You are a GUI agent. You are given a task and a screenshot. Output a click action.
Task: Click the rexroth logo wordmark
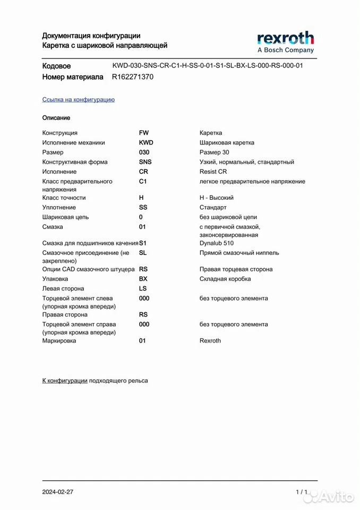tap(285, 38)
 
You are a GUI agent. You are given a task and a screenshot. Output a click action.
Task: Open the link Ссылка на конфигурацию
tap(78, 99)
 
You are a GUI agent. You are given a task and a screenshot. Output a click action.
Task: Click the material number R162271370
tap(133, 76)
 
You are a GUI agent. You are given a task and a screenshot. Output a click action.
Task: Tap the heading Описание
tap(56, 117)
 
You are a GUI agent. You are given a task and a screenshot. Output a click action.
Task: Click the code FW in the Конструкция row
tap(144, 133)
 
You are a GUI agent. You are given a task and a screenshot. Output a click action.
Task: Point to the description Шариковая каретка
tap(227, 142)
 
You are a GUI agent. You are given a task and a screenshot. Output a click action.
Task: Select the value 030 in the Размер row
tap(144, 152)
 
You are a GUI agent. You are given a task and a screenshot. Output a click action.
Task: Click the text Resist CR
tap(213, 172)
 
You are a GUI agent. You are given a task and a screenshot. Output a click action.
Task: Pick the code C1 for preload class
tap(143, 181)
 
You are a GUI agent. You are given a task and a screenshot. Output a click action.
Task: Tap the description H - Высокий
tap(217, 198)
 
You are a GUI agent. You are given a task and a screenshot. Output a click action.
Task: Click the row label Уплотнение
tap(59, 207)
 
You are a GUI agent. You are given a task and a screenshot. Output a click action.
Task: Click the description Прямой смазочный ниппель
tap(239, 253)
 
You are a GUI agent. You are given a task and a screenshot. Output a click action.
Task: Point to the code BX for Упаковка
tap(143, 278)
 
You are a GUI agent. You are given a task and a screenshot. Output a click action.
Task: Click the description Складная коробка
tap(225, 279)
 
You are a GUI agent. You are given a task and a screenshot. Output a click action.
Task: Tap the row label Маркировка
tap(59, 341)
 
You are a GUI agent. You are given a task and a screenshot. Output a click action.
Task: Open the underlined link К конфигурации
tap(65, 380)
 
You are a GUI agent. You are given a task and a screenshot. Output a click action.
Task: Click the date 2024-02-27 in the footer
tap(58, 492)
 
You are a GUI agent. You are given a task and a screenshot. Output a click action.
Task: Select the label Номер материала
tap(73, 77)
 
